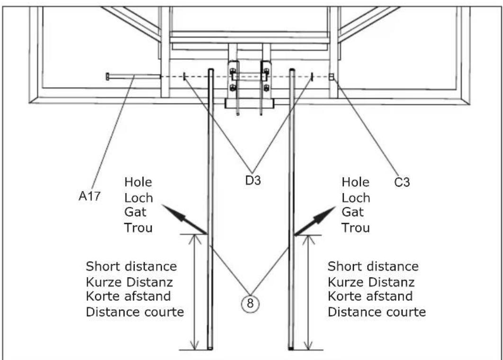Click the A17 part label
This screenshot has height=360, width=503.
[90, 196]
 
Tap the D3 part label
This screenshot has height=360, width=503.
[253, 180]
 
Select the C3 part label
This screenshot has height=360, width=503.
[402, 182]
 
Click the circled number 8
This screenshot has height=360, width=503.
[250, 303]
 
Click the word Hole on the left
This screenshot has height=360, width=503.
[138, 182]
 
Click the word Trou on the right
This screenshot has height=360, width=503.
[355, 228]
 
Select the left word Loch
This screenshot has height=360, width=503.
[139, 198]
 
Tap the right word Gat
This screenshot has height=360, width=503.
[352, 212]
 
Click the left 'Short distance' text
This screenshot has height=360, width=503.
[131, 266]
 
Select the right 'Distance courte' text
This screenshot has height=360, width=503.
[377, 312]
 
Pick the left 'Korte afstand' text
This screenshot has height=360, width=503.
[128, 296]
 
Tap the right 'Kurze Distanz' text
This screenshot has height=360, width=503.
[371, 282]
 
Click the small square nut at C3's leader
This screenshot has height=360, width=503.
[332, 77]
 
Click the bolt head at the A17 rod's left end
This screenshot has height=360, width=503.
[108, 76]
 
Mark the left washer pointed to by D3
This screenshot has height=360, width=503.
[184, 76]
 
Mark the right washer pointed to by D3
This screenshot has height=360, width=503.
[312, 76]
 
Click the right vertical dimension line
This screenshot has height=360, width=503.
[308, 293]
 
